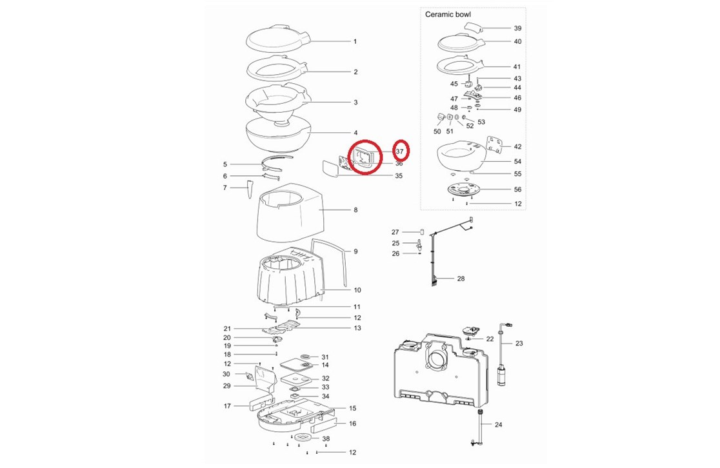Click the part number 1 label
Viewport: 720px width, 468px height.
(355, 42)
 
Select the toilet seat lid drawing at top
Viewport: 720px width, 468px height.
(279, 40)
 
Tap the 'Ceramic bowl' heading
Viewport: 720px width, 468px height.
(448, 14)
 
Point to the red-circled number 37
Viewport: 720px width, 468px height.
(399, 151)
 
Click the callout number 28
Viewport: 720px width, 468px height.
(461, 278)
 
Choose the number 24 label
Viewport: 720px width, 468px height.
(498, 425)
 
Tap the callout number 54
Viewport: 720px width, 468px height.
(517, 162)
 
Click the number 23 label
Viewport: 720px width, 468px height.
(519, 343)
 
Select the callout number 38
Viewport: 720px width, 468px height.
(326, 438)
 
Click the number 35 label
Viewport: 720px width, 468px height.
(399, 176)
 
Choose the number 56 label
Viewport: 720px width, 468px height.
(517, 190)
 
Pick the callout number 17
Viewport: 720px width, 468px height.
(227, 406)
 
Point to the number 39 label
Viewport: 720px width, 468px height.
(517, 28)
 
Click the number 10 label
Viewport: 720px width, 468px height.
(357, 290)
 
